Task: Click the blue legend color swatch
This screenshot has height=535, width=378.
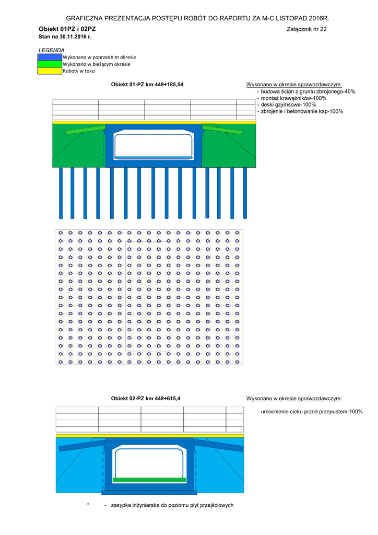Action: tap(50, 56)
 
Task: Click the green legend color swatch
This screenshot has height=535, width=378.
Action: tap(50, 64)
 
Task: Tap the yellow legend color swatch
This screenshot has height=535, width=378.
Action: tap(50, 71)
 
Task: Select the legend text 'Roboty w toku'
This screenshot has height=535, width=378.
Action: tap(78, 71)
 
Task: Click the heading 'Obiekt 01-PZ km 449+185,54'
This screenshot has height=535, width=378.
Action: tap(147, 84)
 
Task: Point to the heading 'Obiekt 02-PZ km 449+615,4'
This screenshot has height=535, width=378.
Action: tap(146, 399)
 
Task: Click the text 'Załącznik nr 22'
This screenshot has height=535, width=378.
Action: tap(306, 29)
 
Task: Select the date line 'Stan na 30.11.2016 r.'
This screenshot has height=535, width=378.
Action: tap(65, 37)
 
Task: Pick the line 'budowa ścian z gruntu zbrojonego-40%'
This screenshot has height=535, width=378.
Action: tap(308, 91)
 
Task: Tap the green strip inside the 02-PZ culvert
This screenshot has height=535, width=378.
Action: tap(149, 479)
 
